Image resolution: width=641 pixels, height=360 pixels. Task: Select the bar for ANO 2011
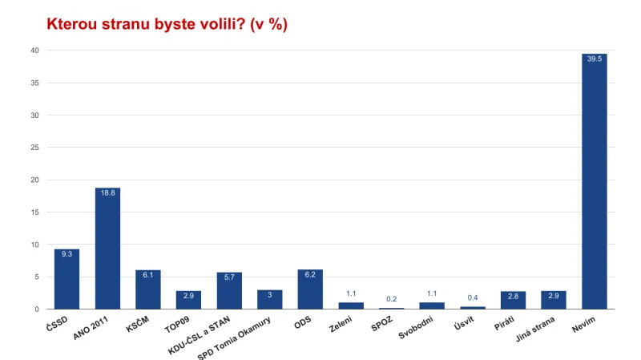pyautogui.click(x=107, y=249)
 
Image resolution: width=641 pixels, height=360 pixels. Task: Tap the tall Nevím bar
pyautogui.click(x=594, y=181)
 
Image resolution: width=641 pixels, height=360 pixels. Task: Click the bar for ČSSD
pyautogui.click(x=67, y=279)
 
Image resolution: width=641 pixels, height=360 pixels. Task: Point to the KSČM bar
pyautogui.click(x=147, y=289)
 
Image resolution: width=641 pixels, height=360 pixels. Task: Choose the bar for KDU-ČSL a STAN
pyautogui.click(x=228, y=291)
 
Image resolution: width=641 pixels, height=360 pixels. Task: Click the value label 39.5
pyautogui.click(x=594, y=59)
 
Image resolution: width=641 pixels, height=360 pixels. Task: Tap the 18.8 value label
pyautogui.click(x=107, y=193)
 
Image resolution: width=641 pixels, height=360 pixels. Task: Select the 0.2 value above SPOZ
pyautogui.click(x=391, y=298)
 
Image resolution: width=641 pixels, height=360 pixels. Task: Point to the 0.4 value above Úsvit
pyautogui.click(x=473, y=297)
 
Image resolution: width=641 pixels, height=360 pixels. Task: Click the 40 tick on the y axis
pyautogui.click(x=34, y=51)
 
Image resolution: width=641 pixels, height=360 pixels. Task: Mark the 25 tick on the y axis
pyautogui.click(x=34, y=148)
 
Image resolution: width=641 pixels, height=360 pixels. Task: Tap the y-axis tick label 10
pyautogui.click(x=34, y=245)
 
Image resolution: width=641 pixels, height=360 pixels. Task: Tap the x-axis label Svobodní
pyautogui.click(x=421, y=327)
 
